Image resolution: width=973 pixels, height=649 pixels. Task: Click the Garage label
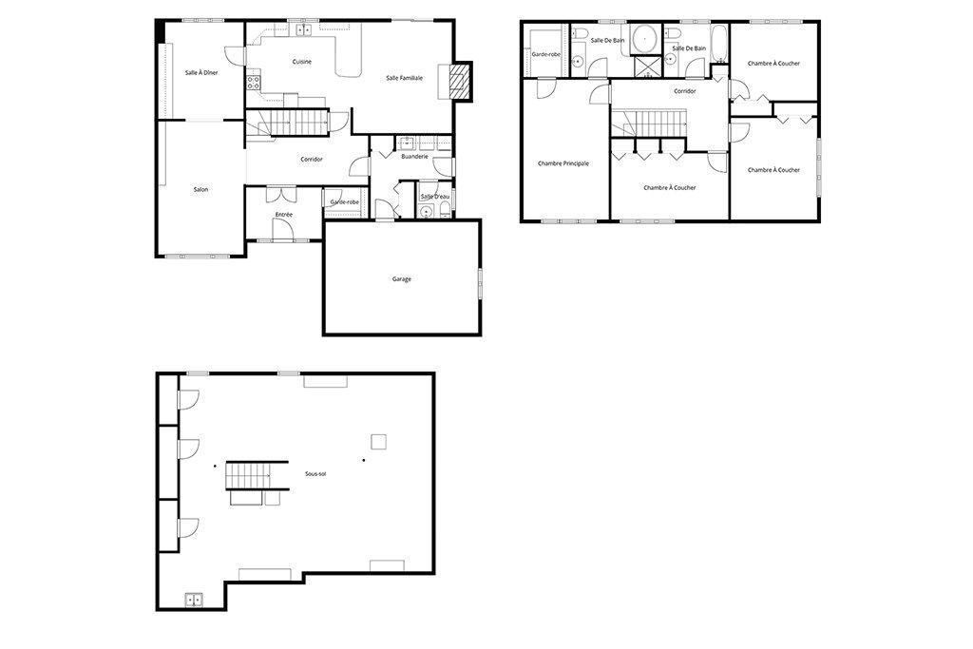point(401,278)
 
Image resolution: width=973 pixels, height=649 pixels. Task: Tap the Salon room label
point(200,190)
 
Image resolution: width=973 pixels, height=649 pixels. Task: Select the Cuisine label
point(301,62)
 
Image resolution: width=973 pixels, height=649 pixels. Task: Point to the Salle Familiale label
point(404,78)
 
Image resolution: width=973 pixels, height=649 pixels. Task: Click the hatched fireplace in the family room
point(460,82)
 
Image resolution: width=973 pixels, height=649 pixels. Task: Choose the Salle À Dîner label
point(201,72)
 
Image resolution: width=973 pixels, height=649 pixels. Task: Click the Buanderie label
point(415,156)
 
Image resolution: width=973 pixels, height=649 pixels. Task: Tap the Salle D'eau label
point(434,197)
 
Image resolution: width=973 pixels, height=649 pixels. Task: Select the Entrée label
point(283,215)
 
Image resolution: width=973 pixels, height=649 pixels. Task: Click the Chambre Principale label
point(563,163)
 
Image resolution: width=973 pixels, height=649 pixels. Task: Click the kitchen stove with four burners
point(254,82)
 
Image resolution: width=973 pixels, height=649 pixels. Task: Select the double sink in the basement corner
point(194,599)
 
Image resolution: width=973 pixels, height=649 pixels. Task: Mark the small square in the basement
point(378,440)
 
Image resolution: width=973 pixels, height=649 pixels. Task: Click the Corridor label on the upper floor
point(684,91)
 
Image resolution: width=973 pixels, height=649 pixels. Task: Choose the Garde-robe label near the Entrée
point(345,201)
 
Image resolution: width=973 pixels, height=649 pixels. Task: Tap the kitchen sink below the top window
point(304,30)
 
